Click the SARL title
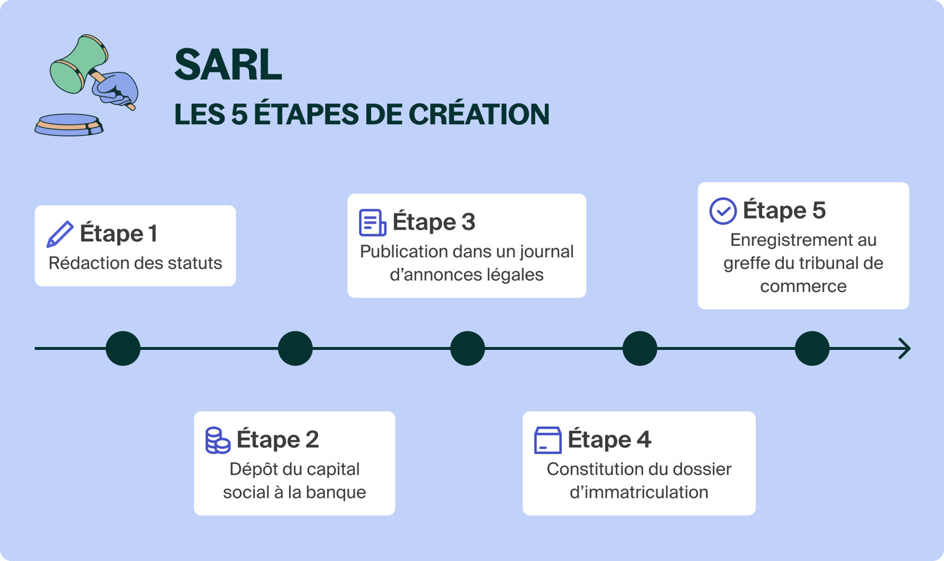pos(228,65)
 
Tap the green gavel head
pos(79,64)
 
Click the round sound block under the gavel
pos(69,124)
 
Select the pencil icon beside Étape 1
pos(60,234)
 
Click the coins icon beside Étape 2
pos(218,440)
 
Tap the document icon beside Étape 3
pos(372,223)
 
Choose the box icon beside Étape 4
pos(547,440)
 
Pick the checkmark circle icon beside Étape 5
pos(723,211)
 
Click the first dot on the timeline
pos(123,348)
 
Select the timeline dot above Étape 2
pos(295,348)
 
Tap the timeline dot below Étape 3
pos(467,348)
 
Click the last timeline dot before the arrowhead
pos(812,348)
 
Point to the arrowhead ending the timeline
pos(905,348)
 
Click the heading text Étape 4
pos(609,440)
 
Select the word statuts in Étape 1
pos(195,263)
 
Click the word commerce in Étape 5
pos(803,286)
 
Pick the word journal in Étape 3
pos(546,252)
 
